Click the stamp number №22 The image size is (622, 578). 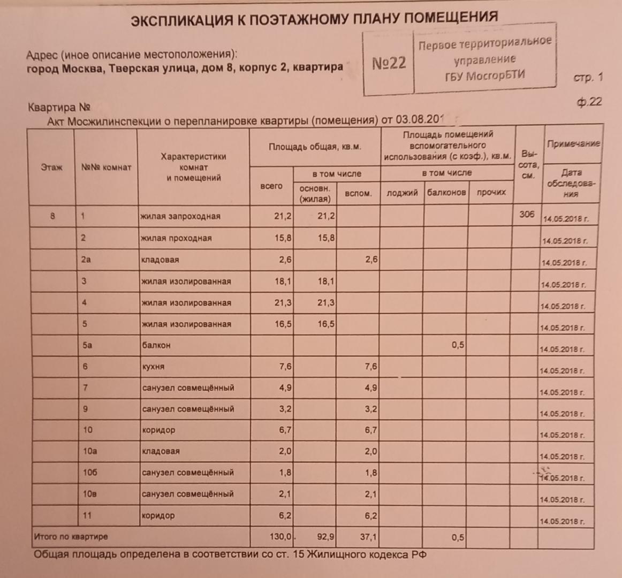pyautogui.click(x=389, y=64)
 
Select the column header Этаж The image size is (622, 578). pyautogui.click(x=51, y=167)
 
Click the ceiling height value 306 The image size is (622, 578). pyautogui.click(x=527, y=214)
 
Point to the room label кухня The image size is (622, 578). pyautogui.click(x=153, y=367)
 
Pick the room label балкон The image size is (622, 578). pyautogui.click(x=156, y=345)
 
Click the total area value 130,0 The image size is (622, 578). pyautogui.click(x=282, y=536)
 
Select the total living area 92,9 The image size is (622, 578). pyautogui.click(x=325, y=536)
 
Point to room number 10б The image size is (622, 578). pyautogui.click(x=89, y=473)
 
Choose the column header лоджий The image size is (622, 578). pyautogui.click(x=402, y=193)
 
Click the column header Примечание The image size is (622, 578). pyautogui.click(x=573, y=143)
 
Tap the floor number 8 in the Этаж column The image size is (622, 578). pyautogui.click(x=52, y=216)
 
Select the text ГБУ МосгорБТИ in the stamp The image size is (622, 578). pyautogui.click(x=485, y=75)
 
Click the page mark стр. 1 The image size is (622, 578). pyautogui.click(x=588, y=78)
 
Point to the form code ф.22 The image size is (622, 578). pyautogui.click(x=589, y=102)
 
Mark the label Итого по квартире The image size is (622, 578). pyautogui.click(x=71, y=536)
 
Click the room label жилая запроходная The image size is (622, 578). pyautogui.click(x=180, y=216)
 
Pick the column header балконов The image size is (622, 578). pyautogui.click(x=446, y=193)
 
